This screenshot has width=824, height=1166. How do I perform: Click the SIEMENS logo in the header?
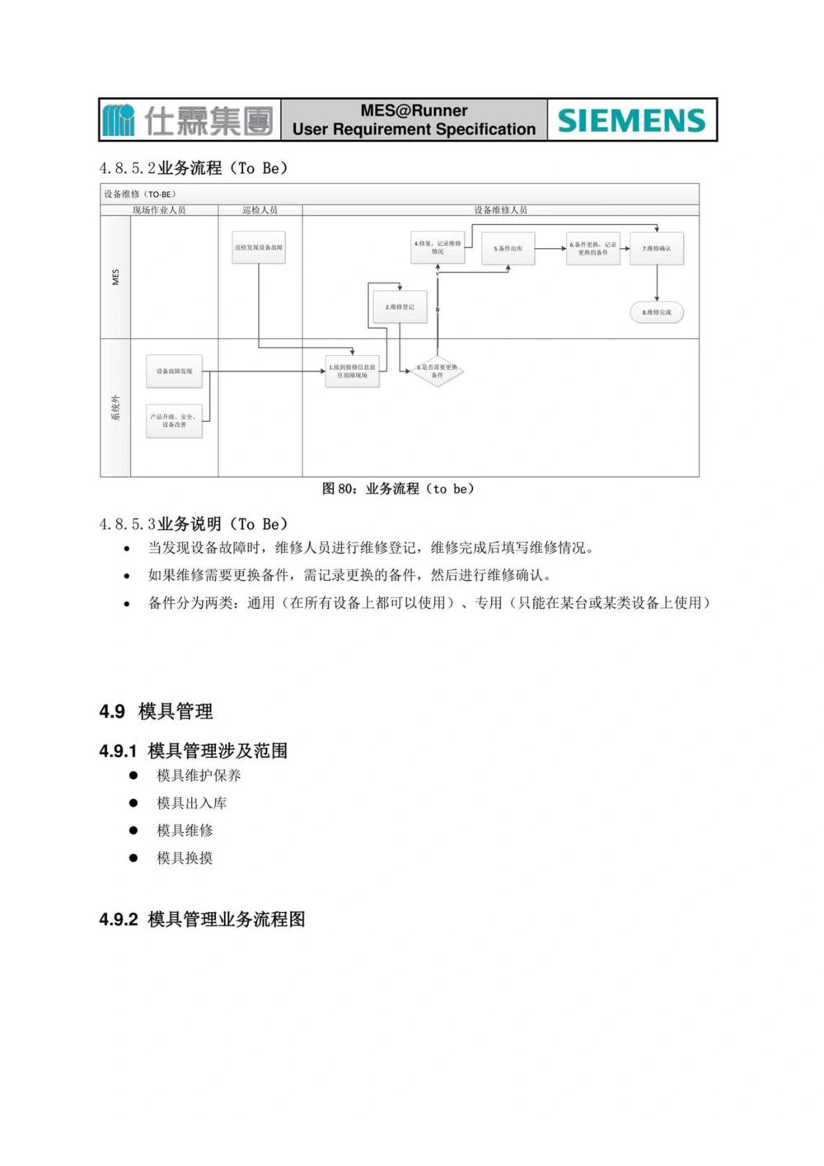(x=631, y=120)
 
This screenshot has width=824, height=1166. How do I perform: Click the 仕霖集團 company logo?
(x=189, y=120)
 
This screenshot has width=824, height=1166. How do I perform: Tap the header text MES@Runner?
(x=414, y=110)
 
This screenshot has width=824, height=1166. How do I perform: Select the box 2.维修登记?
(x=400, y=307)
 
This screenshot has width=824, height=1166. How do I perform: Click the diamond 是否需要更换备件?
(x=437, y=372)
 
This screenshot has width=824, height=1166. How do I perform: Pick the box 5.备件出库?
(x=508, y=248)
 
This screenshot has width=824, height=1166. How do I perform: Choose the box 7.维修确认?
(x=657, y=248)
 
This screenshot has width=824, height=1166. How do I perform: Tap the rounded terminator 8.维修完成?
(x=657, y=312)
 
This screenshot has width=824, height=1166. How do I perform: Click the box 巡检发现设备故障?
(x=259, y=247)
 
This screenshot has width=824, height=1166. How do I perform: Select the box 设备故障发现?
(x=174, y=371)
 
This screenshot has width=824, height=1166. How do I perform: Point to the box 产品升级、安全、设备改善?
(x=174, y=420)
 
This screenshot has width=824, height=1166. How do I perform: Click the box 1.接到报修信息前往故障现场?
(x=352, y=372)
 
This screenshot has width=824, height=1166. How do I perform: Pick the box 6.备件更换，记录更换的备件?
(x=592, y=248)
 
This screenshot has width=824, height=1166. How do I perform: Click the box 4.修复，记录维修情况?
(x=437, y=247)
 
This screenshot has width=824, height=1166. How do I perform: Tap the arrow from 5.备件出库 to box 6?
(x=550, y=248)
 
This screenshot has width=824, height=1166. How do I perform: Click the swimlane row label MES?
(x=115, y=277)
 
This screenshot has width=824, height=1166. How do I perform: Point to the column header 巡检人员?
(x=260, y=210)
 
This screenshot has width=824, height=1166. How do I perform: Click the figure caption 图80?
(x=398, y=489)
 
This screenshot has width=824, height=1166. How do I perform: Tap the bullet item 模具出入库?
(x=191, y=803)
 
